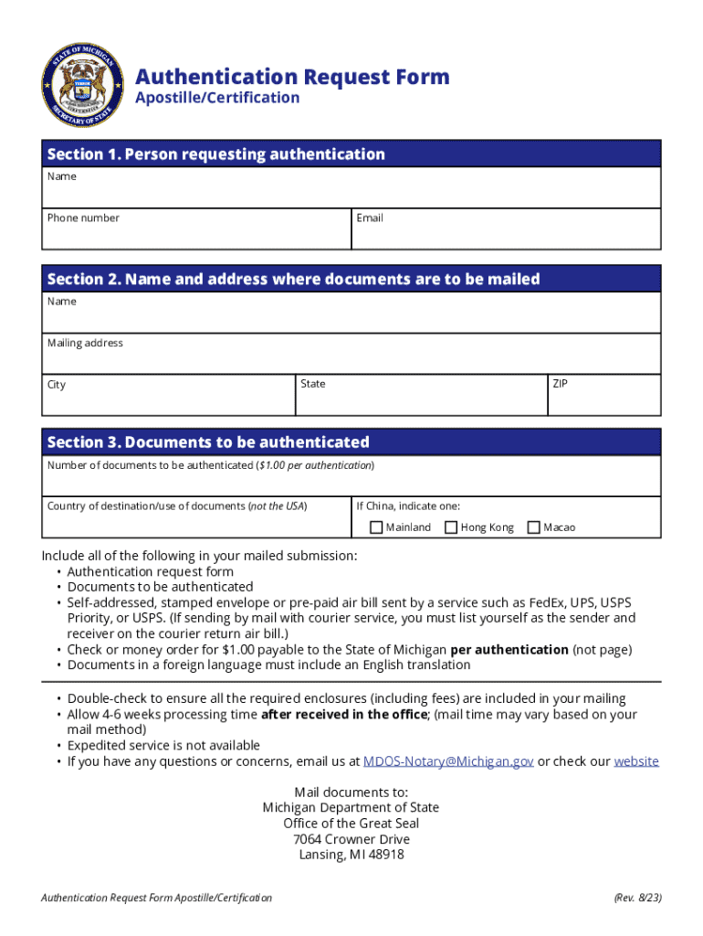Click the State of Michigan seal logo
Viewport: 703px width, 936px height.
[82, 85]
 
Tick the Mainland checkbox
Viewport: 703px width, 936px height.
[376, 527]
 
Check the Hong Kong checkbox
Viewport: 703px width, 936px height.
[451, 527]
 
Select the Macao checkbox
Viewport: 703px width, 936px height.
[534, 527]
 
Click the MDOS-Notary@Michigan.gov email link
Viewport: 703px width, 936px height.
[448, 761]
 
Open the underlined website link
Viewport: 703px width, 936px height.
[636, 761]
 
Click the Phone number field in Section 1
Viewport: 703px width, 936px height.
[196, 233]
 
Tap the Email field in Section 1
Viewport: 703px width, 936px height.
[506, 233]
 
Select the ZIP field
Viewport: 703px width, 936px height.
[603, 399]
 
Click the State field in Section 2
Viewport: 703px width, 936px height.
[421, 399]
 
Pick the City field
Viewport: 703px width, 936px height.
[169, 399]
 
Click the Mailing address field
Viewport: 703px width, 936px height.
[351, 357]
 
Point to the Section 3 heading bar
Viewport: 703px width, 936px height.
[351, 442]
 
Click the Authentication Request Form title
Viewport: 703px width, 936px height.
[292, 77]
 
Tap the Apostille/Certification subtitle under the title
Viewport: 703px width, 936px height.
[217, 98]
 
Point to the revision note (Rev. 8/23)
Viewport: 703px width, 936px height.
[637, 899]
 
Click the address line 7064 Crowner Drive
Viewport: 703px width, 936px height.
[351, 839]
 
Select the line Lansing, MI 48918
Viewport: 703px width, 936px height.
[351, 856]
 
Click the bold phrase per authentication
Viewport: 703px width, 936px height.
[509, 650]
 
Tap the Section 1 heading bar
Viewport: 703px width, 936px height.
[351, 154]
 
